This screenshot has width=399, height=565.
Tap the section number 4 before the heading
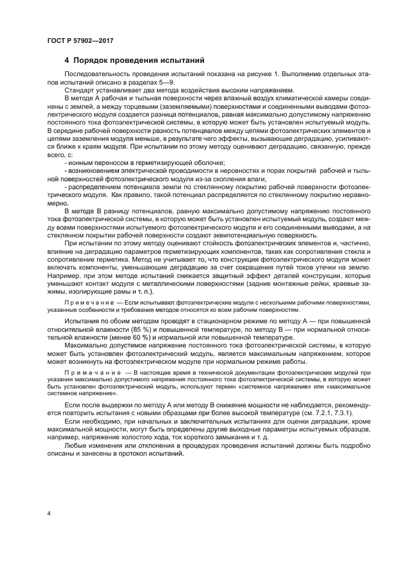[x=67, y=60]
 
